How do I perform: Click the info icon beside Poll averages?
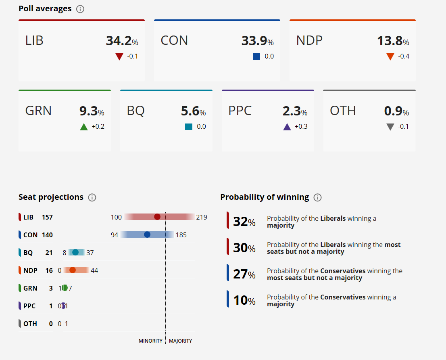coord(80,9)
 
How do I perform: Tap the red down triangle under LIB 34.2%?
coord(119,57)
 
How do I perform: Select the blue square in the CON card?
coord(256,57)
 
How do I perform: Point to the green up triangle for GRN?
coord(84,127)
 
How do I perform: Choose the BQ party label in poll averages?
coord(136,111)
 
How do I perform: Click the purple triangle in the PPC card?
coord(287,127)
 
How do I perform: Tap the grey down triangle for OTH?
coord(390,127)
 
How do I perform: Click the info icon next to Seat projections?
coord(92,197)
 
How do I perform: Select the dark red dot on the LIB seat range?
coord(157,217)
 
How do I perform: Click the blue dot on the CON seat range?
coord(147,234)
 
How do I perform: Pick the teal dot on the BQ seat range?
coord(75,253)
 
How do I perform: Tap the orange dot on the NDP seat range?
coord(73,270)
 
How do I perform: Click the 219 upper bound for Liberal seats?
coord(202,217)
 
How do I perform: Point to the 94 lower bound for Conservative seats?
coord(114,235)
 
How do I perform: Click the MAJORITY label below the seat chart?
coord(180,341)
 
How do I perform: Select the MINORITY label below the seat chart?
coord(150,341)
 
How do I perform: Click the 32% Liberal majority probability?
coord(244,222)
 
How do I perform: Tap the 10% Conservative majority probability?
coord(244,300)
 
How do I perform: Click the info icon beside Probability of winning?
coord(317,197)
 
